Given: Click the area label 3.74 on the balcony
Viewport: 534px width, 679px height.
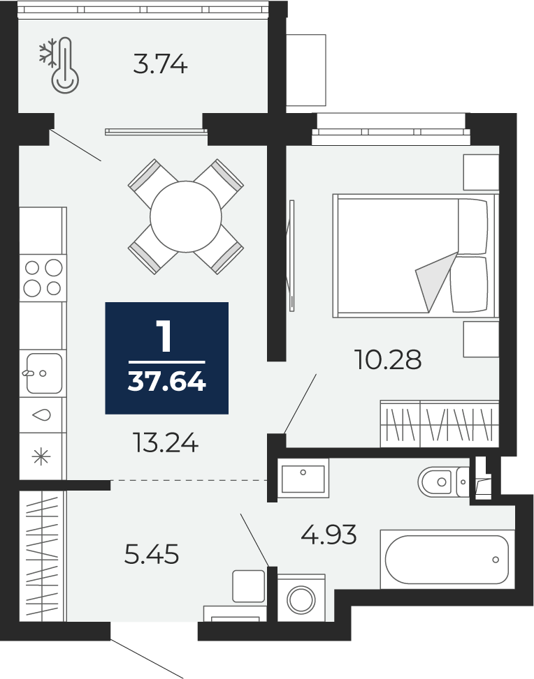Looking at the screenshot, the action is [160, 64].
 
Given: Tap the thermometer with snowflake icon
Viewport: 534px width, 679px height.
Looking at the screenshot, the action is [60, 65].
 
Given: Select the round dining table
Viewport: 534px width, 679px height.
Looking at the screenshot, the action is [186, 216].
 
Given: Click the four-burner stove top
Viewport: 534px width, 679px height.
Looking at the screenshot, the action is [43, 278].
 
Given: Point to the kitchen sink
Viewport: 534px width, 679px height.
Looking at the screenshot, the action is [42, 373].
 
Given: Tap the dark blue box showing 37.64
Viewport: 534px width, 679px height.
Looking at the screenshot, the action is [166, 358].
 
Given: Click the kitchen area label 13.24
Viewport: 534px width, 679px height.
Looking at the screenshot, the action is [166, 442].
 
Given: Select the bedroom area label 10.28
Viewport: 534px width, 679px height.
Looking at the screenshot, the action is [388, 359].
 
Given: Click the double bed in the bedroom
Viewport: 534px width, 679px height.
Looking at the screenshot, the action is [416, 256].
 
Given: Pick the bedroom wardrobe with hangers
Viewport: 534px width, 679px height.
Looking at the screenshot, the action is [440, 424].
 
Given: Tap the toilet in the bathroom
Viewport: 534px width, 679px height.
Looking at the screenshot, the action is [444, 482].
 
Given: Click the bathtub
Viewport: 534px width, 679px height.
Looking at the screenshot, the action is [447, 559].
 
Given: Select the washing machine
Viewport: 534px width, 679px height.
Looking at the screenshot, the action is [301, 598].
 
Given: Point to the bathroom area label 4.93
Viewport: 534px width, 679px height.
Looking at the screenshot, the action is [329, 535].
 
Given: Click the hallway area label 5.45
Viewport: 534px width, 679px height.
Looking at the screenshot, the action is [152, 554].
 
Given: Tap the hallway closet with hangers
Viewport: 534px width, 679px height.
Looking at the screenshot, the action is [42, 556].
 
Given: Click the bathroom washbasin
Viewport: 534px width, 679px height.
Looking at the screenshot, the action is [303, 478].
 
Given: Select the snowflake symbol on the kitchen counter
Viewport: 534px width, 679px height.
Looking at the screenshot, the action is [42, 457].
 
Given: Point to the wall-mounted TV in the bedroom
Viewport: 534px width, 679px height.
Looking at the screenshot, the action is [290, 255].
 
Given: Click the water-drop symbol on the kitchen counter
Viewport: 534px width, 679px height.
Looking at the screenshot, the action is [42, 415].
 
